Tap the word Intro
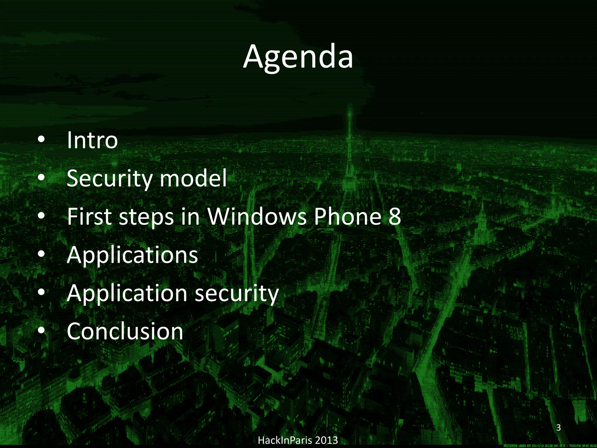click(92, 140)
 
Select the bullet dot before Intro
click(41, 140)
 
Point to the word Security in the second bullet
click(109, 179)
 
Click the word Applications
click(132, 255)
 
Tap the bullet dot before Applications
click(41, 254)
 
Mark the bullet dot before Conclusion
click(41, 330)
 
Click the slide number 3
click(558, 428)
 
